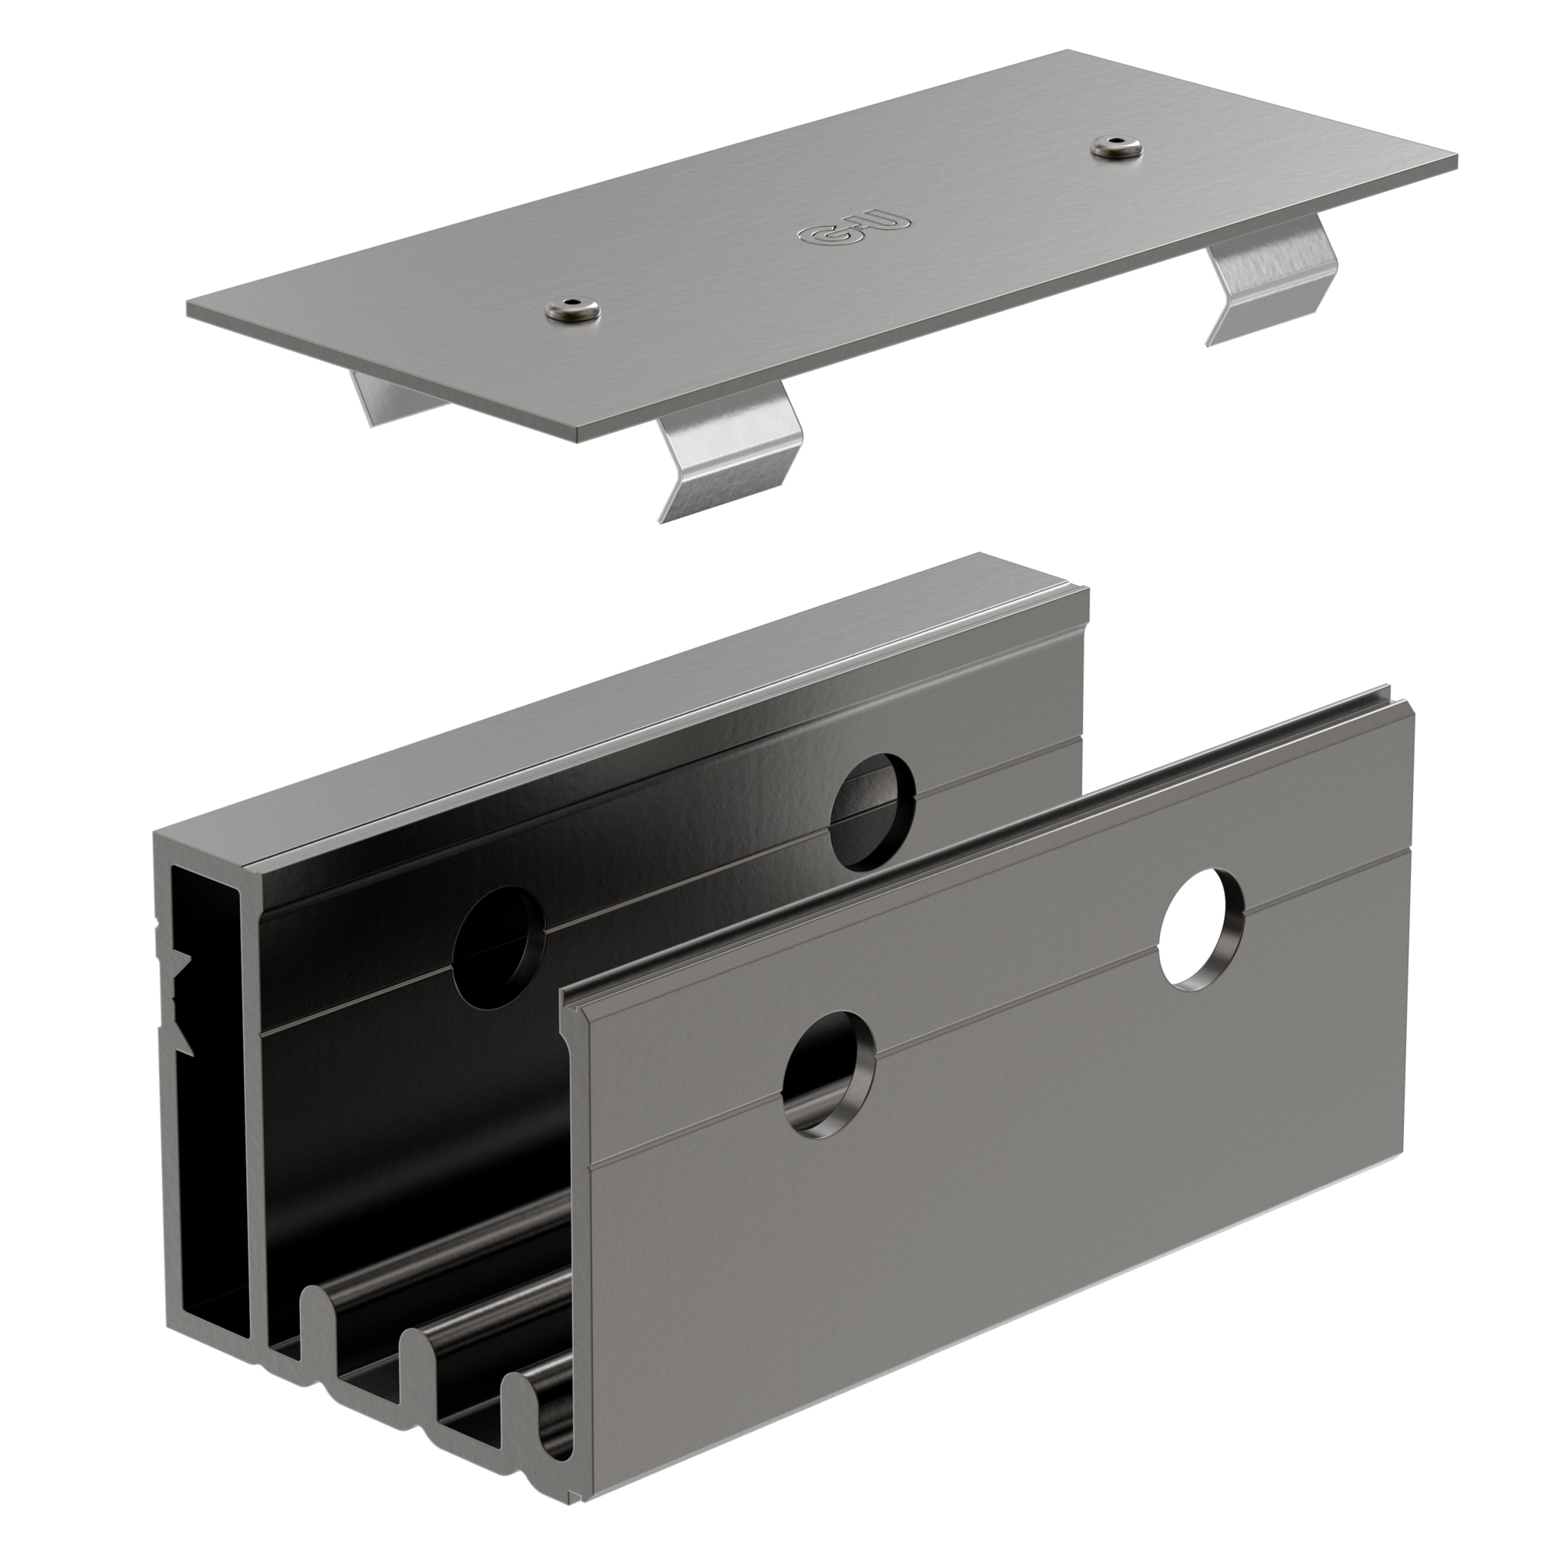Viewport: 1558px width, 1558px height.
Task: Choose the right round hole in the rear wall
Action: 872,811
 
